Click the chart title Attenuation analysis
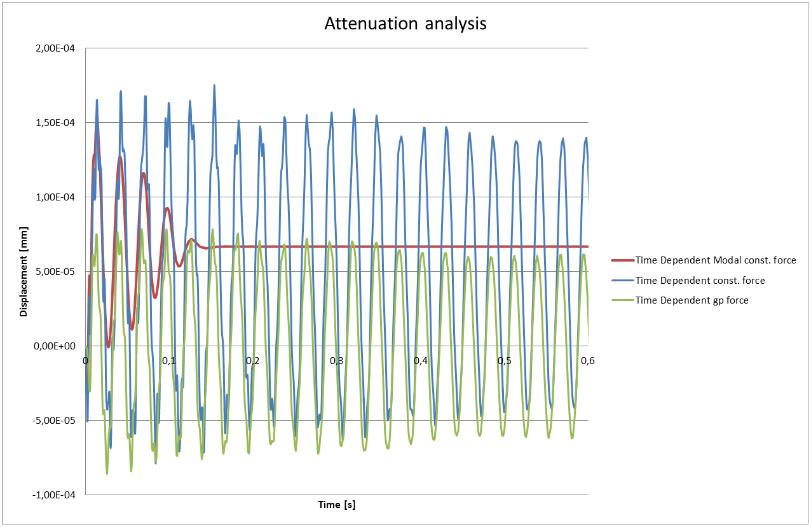coord(405,24)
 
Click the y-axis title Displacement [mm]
coord(24,272)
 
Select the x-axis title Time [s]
coord(337,505)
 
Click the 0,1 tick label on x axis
coord(169,361)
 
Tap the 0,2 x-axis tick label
coord(253,361)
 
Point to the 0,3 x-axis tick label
coord(337,361)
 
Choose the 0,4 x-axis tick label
coord(420,361)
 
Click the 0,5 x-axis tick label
coord(504,361)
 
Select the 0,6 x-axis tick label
coord(588,361)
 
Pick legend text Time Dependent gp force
coord(692,300)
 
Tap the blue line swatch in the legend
coord(621,281)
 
